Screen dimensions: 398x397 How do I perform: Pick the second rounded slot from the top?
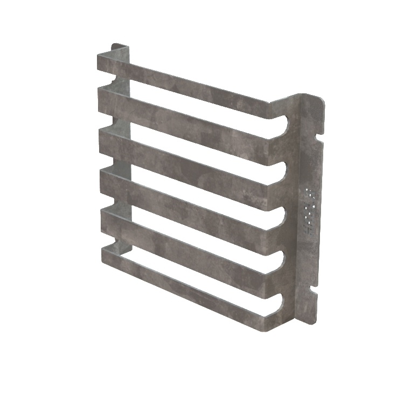[x=281, y=172]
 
